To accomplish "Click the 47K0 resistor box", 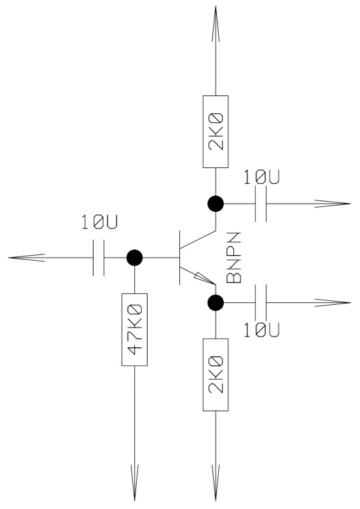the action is (134, 330).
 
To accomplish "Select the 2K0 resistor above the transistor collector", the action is (216, 132).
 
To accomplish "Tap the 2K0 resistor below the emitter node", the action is (216, 375).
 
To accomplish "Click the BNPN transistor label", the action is (233, 258).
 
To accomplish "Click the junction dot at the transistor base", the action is (134, 258).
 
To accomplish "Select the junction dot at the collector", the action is (216, 204).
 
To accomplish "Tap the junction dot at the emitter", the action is (216, 303).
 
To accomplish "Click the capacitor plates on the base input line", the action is (99, 258).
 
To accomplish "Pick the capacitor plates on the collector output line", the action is (261, 204).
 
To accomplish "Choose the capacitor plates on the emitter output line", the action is (261, 303).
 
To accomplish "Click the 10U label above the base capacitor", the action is (99, 222).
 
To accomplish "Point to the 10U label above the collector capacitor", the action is (261, 177).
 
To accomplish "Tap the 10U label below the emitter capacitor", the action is (261, 330).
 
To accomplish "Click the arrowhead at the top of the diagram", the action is (216, 24).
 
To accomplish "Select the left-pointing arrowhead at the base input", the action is (27, 258).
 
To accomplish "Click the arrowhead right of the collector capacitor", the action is (333, 204).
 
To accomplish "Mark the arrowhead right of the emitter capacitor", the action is (333, 303).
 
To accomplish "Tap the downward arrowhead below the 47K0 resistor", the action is (134, 483).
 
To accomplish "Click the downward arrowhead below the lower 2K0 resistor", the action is (216, 483).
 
